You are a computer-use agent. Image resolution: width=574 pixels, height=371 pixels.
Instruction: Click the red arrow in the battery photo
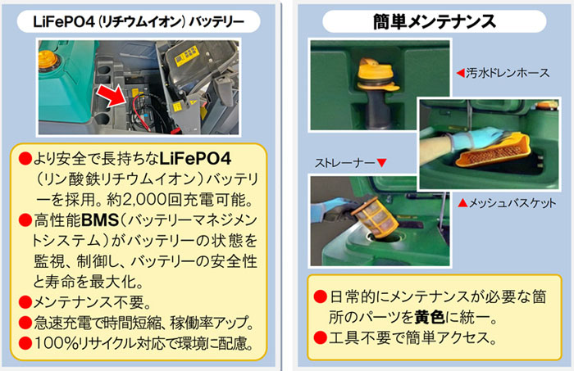tap(112, 96)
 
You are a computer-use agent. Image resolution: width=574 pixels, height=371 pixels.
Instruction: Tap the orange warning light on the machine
tap(48, 58)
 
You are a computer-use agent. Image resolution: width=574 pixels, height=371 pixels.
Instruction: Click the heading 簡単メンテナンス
tap(434, 21)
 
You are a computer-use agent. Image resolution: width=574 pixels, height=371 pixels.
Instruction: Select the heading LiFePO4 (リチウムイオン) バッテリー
tap(139, 22)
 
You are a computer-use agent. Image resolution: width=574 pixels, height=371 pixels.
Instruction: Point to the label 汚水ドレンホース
tap(508, 73)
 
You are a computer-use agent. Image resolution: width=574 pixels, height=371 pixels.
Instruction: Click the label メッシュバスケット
tap(512, 203)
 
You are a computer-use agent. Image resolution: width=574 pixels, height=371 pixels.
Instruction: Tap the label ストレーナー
tap(344, 163)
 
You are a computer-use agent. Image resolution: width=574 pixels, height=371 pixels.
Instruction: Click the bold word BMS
tap(100, 220)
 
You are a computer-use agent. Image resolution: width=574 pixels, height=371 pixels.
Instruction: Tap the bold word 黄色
tap(430, 317)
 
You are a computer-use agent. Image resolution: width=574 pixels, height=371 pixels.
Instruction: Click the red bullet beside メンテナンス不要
tap(25, 302)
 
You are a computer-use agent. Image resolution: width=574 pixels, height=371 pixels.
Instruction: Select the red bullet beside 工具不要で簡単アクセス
tap(320, 337)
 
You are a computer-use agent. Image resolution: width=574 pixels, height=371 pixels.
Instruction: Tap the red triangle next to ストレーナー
tap(382, 163)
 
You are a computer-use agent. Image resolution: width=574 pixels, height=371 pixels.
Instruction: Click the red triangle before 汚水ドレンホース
tap(461, 73)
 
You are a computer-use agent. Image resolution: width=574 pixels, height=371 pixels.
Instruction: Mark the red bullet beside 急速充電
tap(25, 323)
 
